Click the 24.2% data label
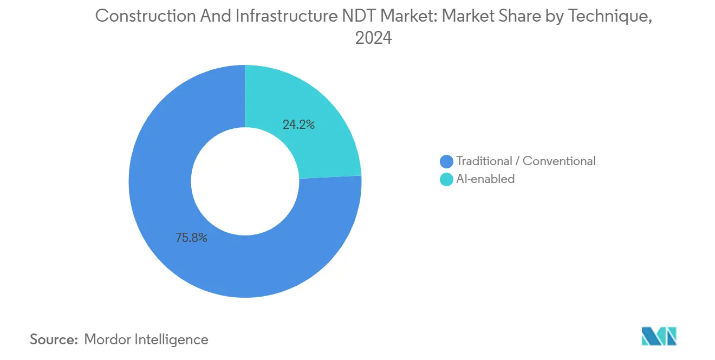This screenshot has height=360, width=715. [x=298, y=125]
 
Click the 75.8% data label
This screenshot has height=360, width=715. [x=191, y=238]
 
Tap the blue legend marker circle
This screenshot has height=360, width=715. [x=447, y=161]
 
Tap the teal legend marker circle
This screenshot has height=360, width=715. [x=447, y=179]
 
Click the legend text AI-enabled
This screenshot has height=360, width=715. [x=485, y=179]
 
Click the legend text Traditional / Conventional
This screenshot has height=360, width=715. [x=525, y=161]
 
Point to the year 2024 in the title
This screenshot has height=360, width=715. [x=373, y=38]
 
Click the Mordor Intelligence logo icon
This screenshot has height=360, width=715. [x=659, y=336]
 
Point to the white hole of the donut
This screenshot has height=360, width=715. [x=245, y=181]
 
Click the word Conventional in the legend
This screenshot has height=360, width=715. [x=559, y=161]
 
